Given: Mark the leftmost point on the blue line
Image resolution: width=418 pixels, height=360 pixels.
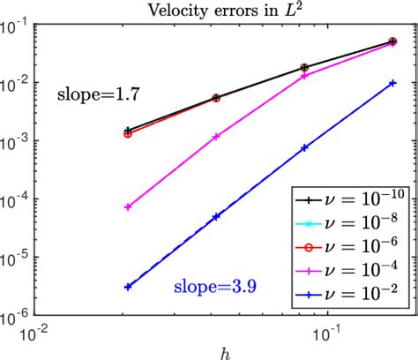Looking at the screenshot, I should coord(128,287).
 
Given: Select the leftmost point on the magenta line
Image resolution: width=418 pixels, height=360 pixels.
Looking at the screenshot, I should coord(128,206).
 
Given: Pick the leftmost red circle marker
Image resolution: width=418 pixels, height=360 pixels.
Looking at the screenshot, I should coord(128,134).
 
